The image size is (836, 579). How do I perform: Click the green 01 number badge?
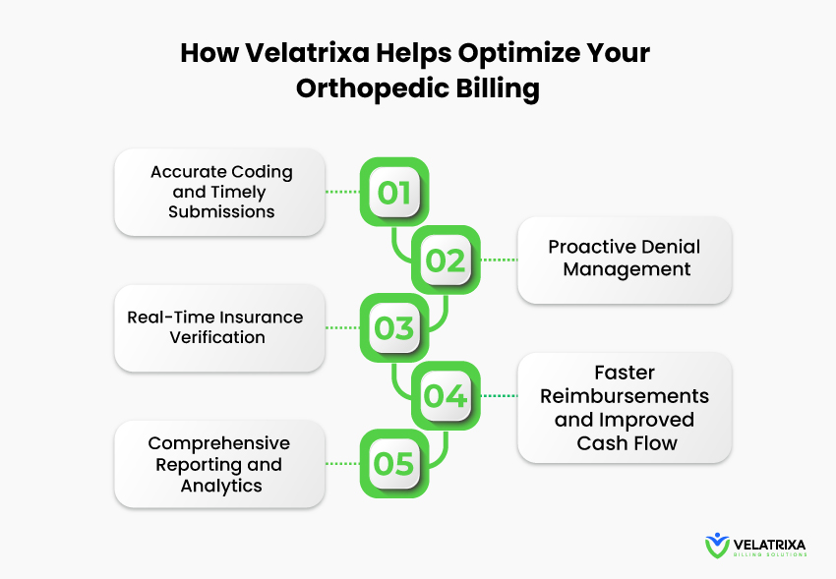tap(394, 192)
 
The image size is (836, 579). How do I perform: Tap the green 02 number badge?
tap(446, 260)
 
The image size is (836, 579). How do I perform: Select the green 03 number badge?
tap(394, 327)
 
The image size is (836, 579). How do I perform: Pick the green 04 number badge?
tap(446, 396)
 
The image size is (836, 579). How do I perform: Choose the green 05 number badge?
tap(394, 463)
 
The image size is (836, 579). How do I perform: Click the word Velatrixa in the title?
tap(307, 53)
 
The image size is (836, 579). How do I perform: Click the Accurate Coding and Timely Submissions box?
tap(219, 192)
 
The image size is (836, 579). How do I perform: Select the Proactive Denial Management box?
tap(625, 260)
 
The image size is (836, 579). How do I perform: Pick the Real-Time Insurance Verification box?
tap(219, 327)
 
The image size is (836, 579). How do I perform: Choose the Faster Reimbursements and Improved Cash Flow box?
tap(625, 408)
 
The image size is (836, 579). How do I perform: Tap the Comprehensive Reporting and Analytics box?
tap(219, 464)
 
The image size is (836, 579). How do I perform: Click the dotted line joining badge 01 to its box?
tap(342, 192)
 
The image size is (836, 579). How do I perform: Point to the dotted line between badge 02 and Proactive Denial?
tap(499, 260)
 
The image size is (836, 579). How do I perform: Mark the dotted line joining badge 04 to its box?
tap(499, 396)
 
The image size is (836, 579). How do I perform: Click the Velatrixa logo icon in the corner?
tap(717, 546)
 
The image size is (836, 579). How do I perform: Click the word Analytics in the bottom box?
tap(221, 486)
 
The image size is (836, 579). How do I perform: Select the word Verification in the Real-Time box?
tap(217, 337)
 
